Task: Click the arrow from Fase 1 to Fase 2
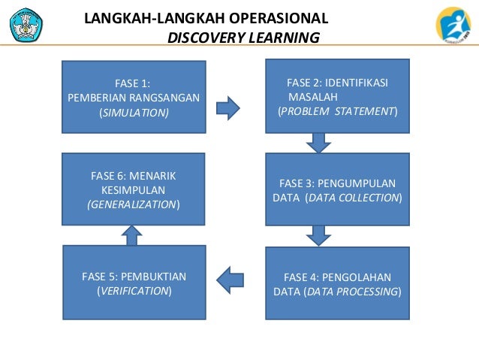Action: pyautogui.click(x=227, y=107)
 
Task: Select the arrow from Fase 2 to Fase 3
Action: pyautogui.click(x=319, y=141)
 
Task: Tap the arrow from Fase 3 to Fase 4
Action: pyautogui.click(x=319, y=235)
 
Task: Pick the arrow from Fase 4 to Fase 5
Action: pyautogui.click(x=230, y=280)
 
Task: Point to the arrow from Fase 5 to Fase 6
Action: pyautogui.click(x=132, y=236)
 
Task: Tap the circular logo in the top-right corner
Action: pyautogui.click(x=453, y=25)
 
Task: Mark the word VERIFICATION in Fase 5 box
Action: pyautogui.click(x=134, y=290)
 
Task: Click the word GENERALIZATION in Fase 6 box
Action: pyautogui.click(x=132, y=204)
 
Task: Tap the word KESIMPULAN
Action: pyautogui.click(x=133, y=189)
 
